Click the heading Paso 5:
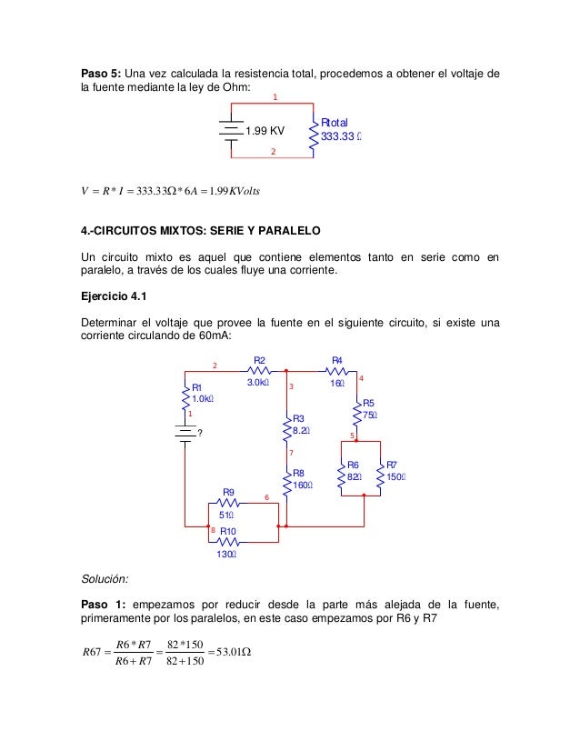pos(100,74)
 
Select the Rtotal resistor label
pos(335,123)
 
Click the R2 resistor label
pos(259,361)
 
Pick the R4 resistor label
pos(336,361)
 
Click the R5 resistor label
pos(368,403)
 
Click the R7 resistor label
pos(392,464)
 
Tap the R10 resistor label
pos(229,531)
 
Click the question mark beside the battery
pos(200,432)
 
